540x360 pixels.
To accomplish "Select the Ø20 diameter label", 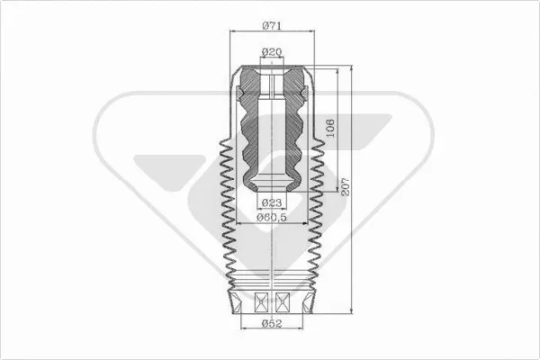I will pyautogui.click(x=271, y=52).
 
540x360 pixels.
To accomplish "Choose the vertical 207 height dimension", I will pyautogui.click(x=346, y=188).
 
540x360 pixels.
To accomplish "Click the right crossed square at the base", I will pyautogui.click(x=282, y=302).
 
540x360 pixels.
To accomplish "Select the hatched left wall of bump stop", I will pyautogui.click(x=250, y=135).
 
